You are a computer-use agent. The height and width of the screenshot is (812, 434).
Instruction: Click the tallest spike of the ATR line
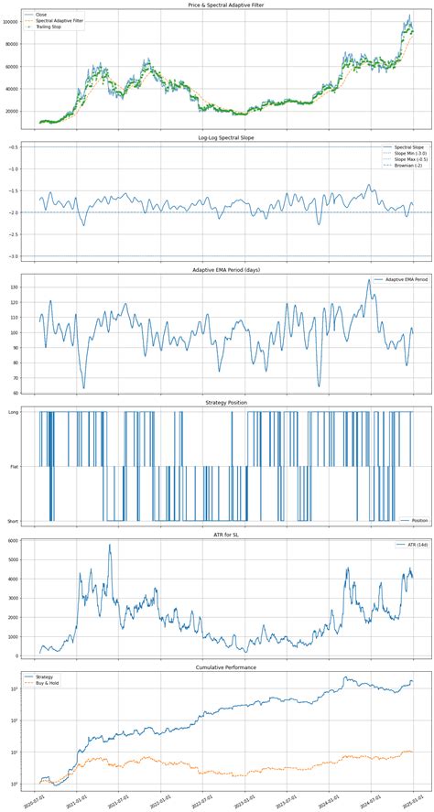point(111,545)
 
